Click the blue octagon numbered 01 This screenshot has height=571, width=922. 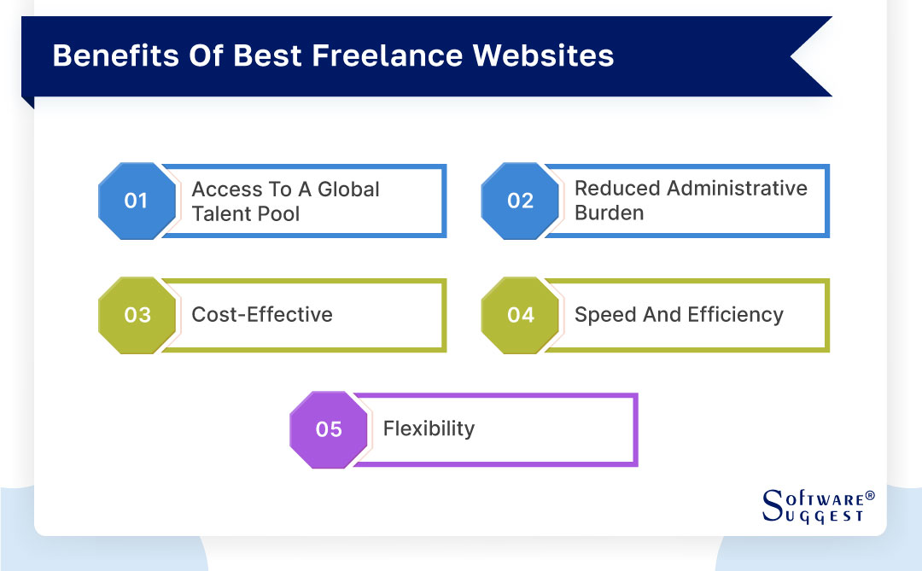click(137, 201)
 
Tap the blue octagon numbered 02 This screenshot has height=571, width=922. click(520, 201)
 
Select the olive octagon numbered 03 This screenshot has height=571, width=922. click(137, 315)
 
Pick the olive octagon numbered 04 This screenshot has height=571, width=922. click(520, 315)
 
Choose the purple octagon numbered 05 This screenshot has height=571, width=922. click(329, 429)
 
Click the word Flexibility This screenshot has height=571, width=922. click(429, 428)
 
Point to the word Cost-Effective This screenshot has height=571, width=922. click(262, 315)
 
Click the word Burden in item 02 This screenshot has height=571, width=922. click(609, 213)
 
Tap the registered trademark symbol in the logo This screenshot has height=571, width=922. click(870, 496)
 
